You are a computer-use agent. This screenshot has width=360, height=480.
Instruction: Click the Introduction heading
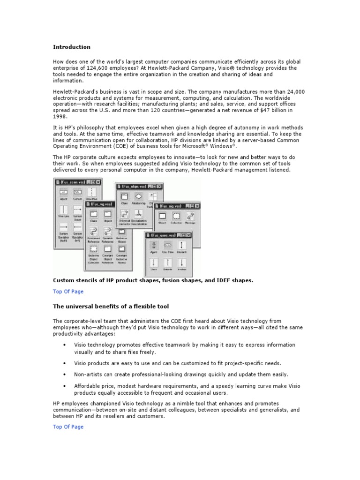click(x=71, y=47)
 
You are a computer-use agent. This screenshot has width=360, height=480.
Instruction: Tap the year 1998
click(x=60, y=116)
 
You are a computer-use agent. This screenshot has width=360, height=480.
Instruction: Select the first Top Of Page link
click(x=68, y=292)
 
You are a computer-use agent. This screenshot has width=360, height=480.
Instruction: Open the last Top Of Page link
click(x=68, y=427)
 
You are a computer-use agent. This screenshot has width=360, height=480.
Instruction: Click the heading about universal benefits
click(x=111, y=307)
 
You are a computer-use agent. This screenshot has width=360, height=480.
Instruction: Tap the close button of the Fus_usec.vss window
click(x=192, y=235)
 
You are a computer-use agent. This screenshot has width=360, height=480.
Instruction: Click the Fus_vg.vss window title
click(x=101, y=204)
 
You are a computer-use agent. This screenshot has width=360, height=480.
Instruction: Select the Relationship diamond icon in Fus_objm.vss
click(x=139, y=197)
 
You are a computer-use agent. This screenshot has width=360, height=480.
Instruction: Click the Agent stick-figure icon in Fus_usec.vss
click(x=153, y=246)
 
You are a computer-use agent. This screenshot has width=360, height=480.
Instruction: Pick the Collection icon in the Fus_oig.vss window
click(x=176, y=216)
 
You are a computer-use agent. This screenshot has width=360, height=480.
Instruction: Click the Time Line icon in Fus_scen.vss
click(x=63, y=210)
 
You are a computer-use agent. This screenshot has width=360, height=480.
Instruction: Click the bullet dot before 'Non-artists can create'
click(x=64, y=375)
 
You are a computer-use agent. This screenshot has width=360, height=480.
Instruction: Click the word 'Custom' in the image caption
click(x=64, y=280)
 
